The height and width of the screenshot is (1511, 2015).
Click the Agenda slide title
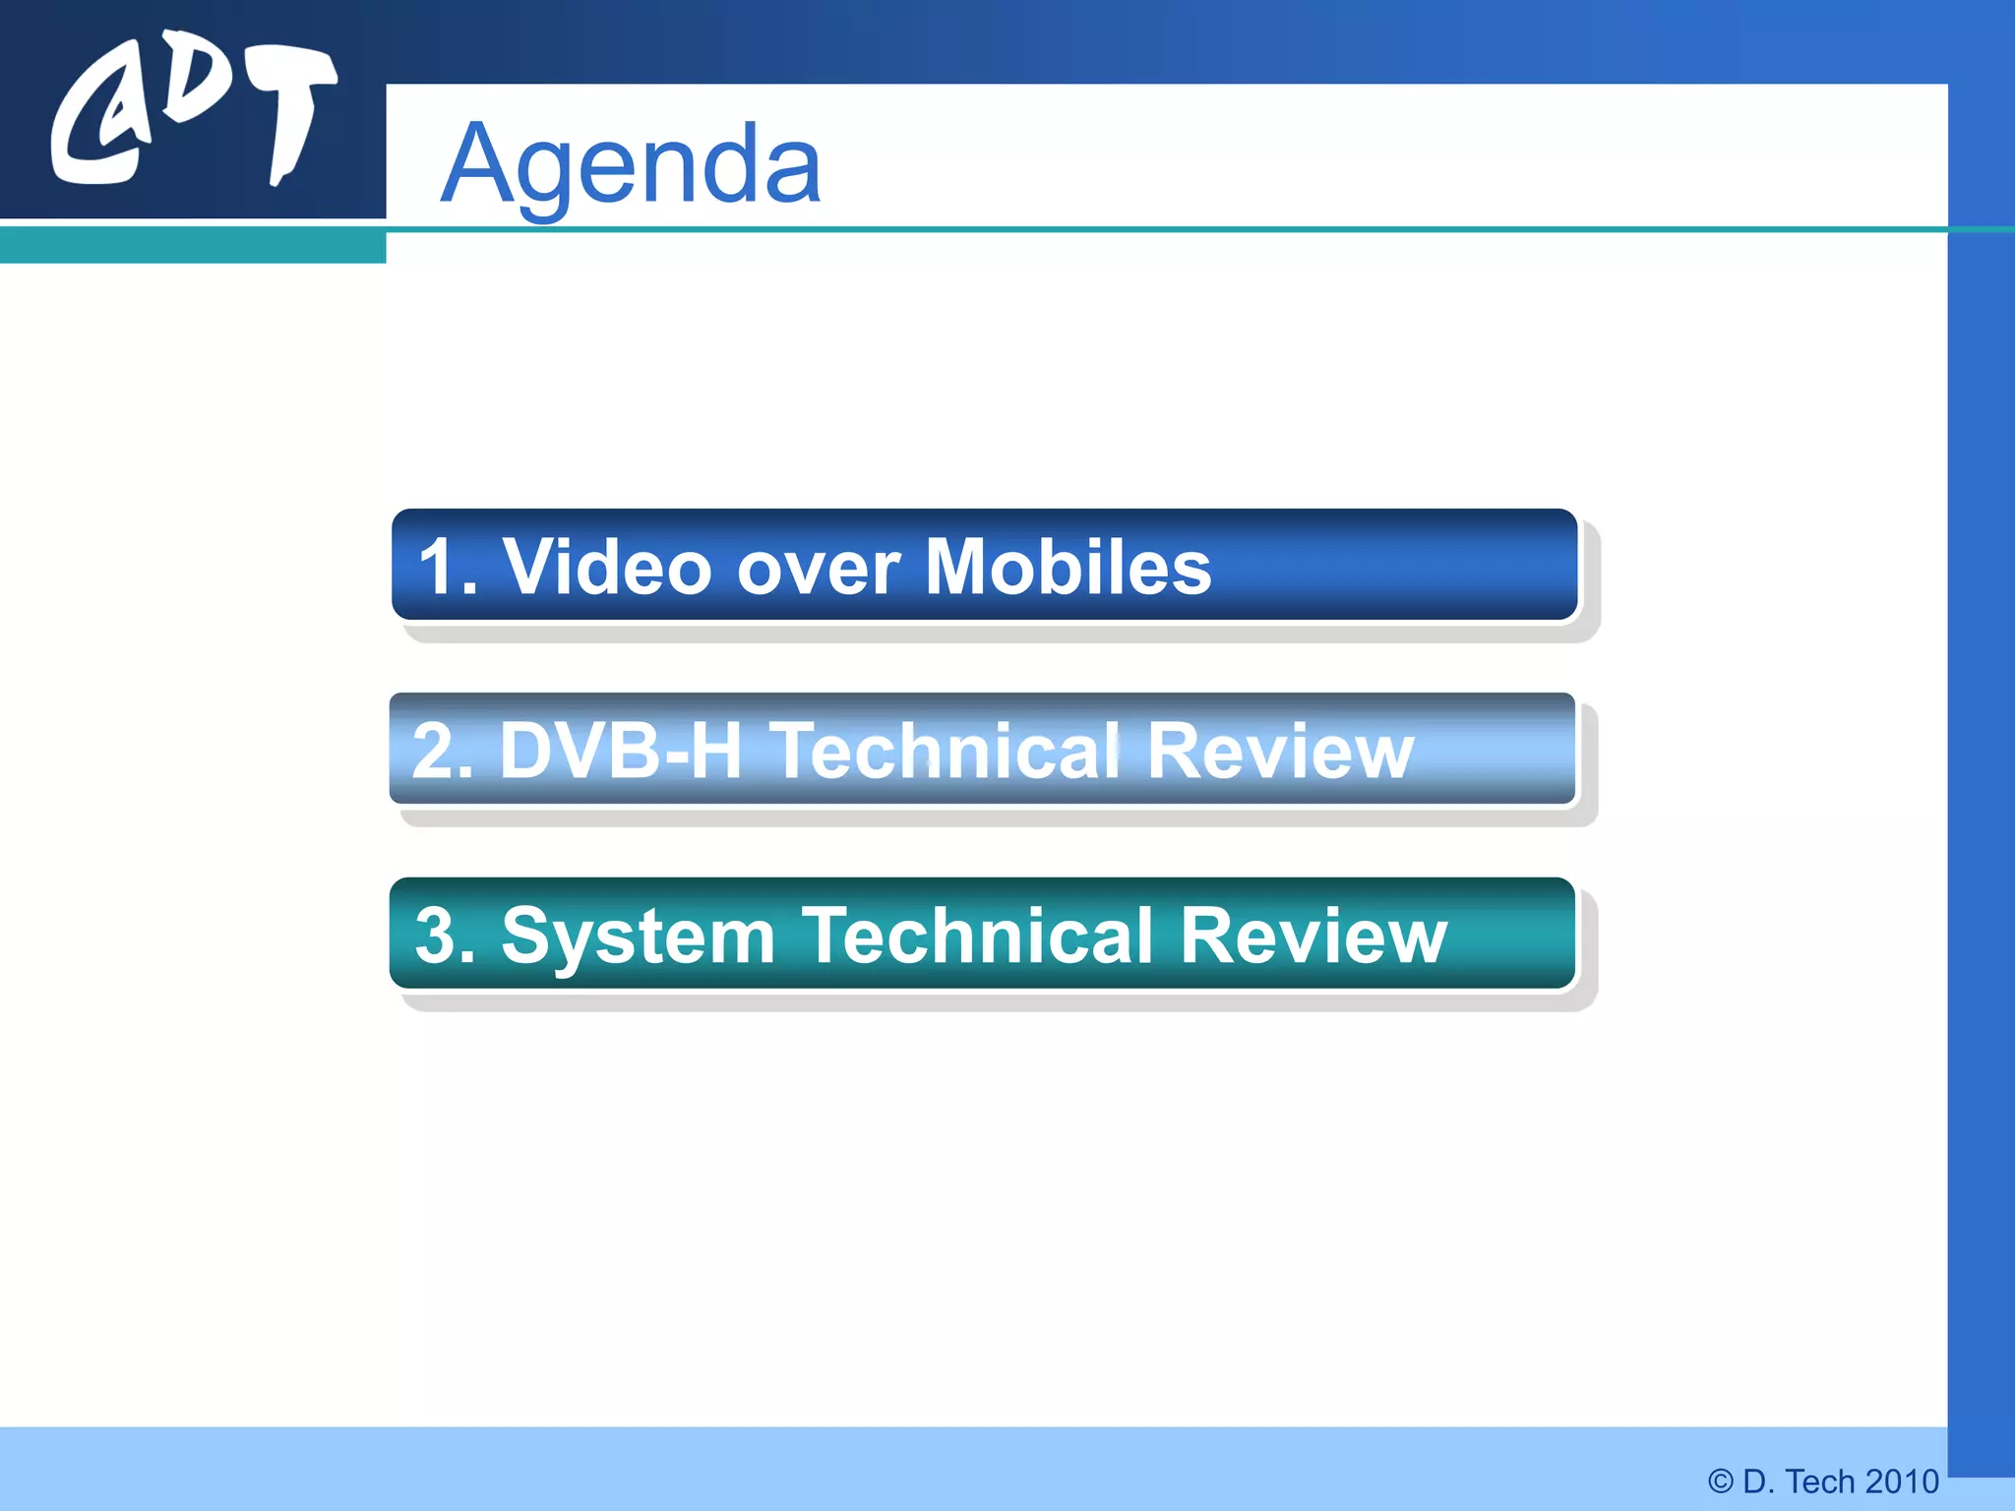click(630, 163)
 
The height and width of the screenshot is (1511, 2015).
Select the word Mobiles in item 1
click(1069, 568)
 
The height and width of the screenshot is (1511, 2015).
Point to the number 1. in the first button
click(448, 568)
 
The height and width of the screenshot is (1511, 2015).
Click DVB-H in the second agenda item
click(620, 751)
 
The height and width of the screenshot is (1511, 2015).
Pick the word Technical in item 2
click(945, 751)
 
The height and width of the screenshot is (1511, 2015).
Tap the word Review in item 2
click(1280, 751)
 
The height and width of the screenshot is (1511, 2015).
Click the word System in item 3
click(639, 937)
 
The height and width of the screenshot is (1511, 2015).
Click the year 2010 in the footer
click(1901, 1481)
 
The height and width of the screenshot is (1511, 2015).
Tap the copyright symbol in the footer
click(1720, 1481)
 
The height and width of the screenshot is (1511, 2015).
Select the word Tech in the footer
click(1819, 1481)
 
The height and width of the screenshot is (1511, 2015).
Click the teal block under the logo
click(193, 245)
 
